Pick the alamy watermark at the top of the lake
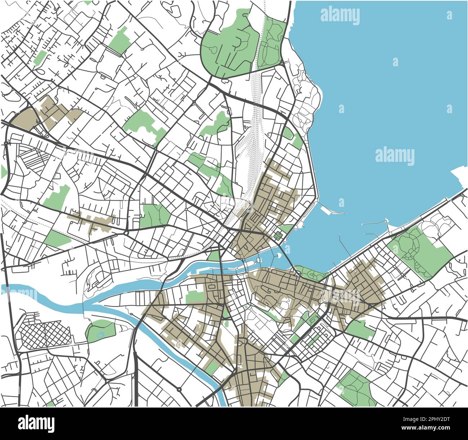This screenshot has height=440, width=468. (340, 16)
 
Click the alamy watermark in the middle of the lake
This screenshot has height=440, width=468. (395, 156)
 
